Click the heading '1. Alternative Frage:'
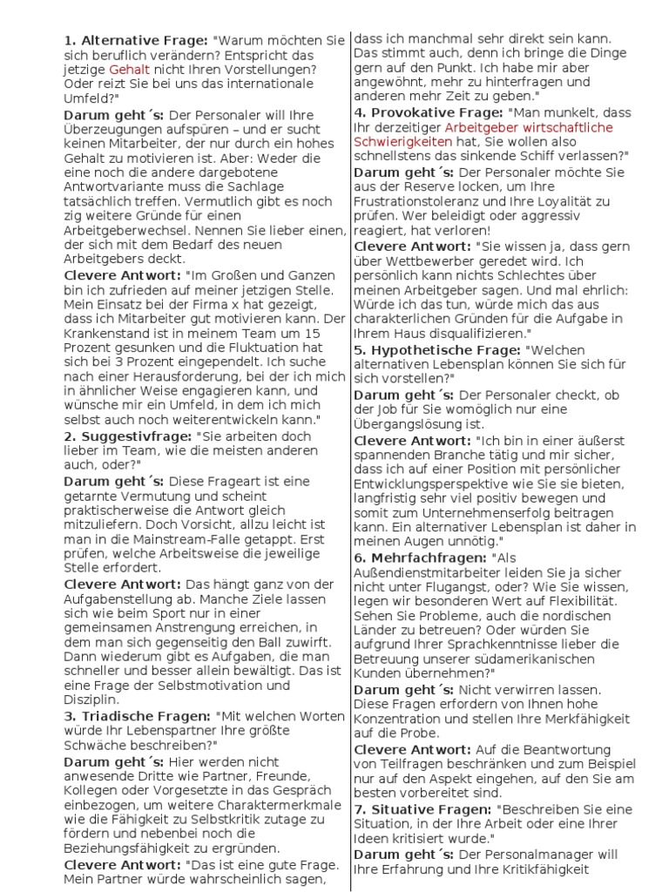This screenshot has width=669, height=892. [x=135, y=40]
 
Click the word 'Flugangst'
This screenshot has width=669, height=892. [x=432, y=589]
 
